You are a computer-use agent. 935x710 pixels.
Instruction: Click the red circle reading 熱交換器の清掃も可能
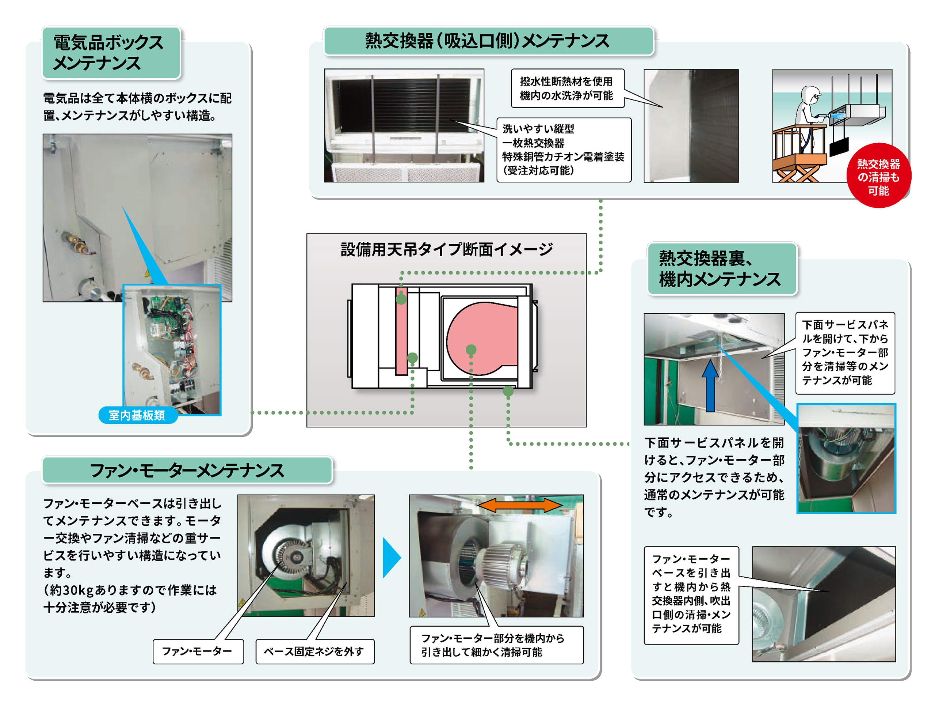click(878, 177)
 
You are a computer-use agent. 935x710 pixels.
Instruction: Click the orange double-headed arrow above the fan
click(520, 505)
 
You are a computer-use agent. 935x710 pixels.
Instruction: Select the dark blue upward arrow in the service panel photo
click(710, 386)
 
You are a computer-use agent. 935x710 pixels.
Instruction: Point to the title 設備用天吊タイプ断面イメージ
click(446, 249)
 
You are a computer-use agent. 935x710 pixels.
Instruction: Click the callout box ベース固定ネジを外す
click(314, 651)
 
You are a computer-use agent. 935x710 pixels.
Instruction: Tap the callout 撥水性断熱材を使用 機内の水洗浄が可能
click(566, 88)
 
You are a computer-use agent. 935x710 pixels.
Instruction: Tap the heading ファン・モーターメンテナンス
click(187, 470)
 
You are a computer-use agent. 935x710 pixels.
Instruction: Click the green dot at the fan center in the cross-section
click(471, 350)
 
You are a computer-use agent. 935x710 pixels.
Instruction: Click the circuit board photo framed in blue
click(172, 349)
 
